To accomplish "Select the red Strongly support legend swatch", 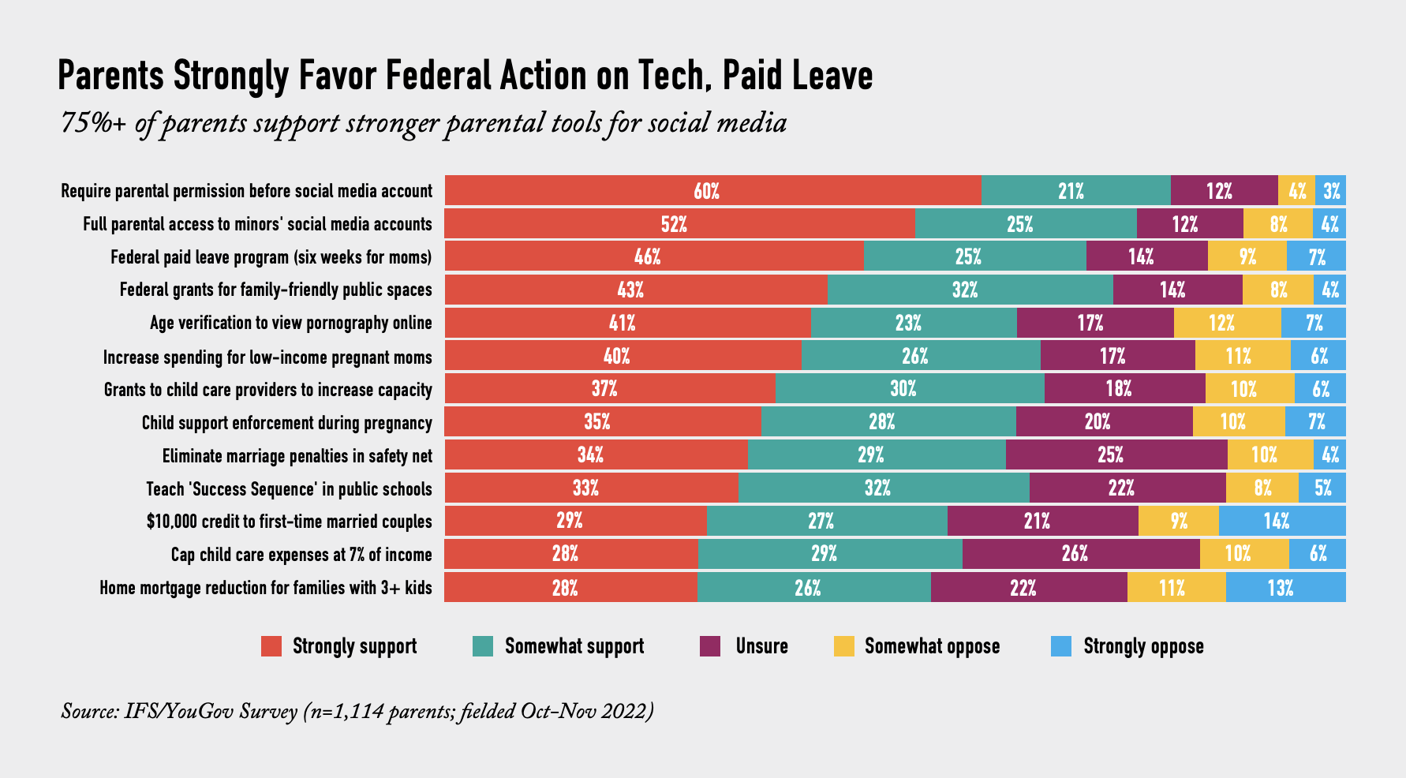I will coord(271,646).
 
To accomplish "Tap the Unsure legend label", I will coord(761,646).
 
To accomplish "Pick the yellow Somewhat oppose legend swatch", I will coord(843,646).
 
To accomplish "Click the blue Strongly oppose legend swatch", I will coord(1061,646).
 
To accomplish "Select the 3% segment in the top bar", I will coord(1331,191).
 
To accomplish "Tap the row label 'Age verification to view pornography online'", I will coord(291,323).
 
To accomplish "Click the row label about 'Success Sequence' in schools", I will coord(289,489).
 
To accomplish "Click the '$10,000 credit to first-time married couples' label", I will coord(289,522).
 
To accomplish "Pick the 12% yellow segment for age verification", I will coord(1227,323).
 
